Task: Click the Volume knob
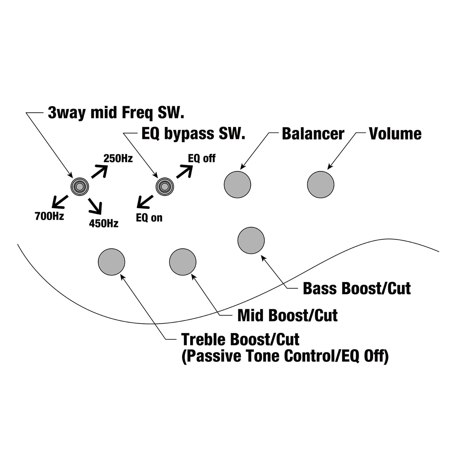pos(321,185)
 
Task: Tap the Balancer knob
pos(237,185)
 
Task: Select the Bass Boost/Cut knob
pos(251,240)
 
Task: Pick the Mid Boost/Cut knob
pos(183,262)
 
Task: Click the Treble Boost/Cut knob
pos(111,262)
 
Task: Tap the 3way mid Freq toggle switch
pos(80,186)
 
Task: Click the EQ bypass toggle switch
pos(165,186)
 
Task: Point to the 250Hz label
pos(118,158)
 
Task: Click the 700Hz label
pos(49,216)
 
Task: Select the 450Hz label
pos(104,223)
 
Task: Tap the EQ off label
pos(202,158)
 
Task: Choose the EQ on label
pos(149,218)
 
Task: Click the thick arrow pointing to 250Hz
pos(100,171)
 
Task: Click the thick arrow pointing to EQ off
pos(185,171)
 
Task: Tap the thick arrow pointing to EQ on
pos(145,202)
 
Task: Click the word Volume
pos(395,134)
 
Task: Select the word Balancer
pos(313,134)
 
